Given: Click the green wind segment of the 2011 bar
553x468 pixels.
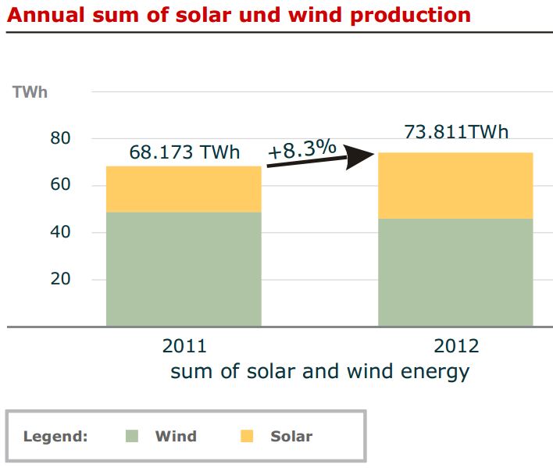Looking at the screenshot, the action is coord(184,269).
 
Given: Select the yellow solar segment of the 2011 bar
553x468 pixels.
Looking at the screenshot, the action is coord(184,189).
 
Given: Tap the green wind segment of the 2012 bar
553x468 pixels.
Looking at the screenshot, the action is coord(455,272).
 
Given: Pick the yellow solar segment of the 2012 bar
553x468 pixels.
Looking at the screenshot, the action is coord(455,185).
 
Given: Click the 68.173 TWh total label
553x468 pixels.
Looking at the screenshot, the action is coord(184,152).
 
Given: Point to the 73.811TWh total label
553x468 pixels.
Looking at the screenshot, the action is coord(456,132).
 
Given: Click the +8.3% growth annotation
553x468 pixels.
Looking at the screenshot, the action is coord(302,148).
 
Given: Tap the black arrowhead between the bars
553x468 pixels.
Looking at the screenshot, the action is coord(359,156).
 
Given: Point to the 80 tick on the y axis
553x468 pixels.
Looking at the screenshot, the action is coord(60,138).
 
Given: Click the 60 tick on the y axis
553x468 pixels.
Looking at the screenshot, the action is coord(60,184).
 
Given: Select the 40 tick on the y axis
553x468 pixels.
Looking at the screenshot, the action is coord(60,232).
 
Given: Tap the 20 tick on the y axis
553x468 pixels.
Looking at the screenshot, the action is coord(60,279).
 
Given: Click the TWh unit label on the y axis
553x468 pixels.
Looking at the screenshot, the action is coord(30,92).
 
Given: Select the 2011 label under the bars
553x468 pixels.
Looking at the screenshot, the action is coord(184,346).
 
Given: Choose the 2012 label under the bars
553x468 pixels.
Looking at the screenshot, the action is coord(456,346).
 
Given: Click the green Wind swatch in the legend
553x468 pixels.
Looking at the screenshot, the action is coord(132,436).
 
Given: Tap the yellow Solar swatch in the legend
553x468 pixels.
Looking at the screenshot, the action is coord(247,436).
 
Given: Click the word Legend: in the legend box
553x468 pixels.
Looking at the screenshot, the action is coord(55,437).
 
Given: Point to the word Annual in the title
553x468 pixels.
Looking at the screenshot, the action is coord(46,15).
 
